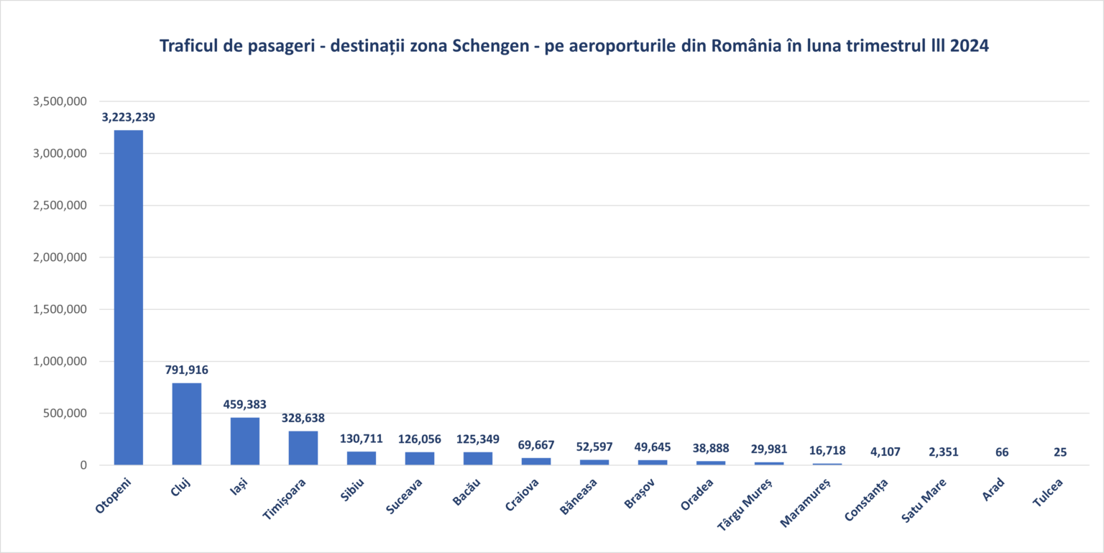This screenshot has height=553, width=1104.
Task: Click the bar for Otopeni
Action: pyautogui.click(x=129, y=297)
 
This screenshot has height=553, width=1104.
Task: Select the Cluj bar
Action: pyautogui.click(x=187, y=424)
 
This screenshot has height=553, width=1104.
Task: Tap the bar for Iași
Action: pyautogui.click(x=245, y=441)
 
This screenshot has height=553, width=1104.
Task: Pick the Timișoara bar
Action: pyautogui.click(x=303, y=448)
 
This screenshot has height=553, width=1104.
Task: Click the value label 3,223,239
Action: pyautogui.click(x=129, y=117)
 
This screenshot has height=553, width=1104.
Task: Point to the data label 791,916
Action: pyautogui.click(x=187, y=370)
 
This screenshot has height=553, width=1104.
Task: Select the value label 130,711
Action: pyautogui.click(x=362, y=439)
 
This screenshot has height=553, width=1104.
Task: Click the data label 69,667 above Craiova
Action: pyautogui.click(x=536, y=445)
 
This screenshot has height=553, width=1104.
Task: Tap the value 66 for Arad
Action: pyautogui.click(x=1002, y=452)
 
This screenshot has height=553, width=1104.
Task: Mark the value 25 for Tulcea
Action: pyautogui.click(x=1060, y=452)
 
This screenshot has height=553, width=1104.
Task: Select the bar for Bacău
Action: pyautogui.click(x=478, y=458)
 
